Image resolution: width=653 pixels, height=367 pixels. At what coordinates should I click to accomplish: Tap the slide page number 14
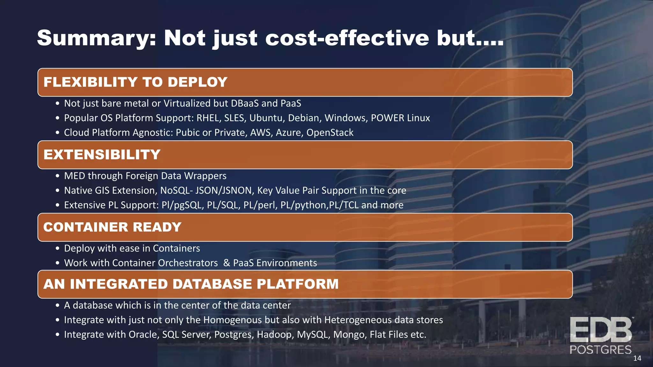(x=637, y=358)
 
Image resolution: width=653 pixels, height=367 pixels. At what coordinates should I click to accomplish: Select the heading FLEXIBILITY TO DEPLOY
(x=136, y=82)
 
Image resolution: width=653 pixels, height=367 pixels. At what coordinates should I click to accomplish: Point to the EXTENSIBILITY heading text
(x=102, y=155)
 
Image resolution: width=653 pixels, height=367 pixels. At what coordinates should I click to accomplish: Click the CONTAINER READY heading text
(x=112, y=227)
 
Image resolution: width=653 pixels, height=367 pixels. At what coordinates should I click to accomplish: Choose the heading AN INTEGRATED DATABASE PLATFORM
(x=191, y=284)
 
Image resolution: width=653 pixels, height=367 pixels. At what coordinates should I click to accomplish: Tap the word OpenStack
(x=330, y=133)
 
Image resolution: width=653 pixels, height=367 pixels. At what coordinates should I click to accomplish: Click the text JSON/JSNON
(x=224, y=191)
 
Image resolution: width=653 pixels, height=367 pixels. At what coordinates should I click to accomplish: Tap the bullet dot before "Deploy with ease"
(x=57, y=248)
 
